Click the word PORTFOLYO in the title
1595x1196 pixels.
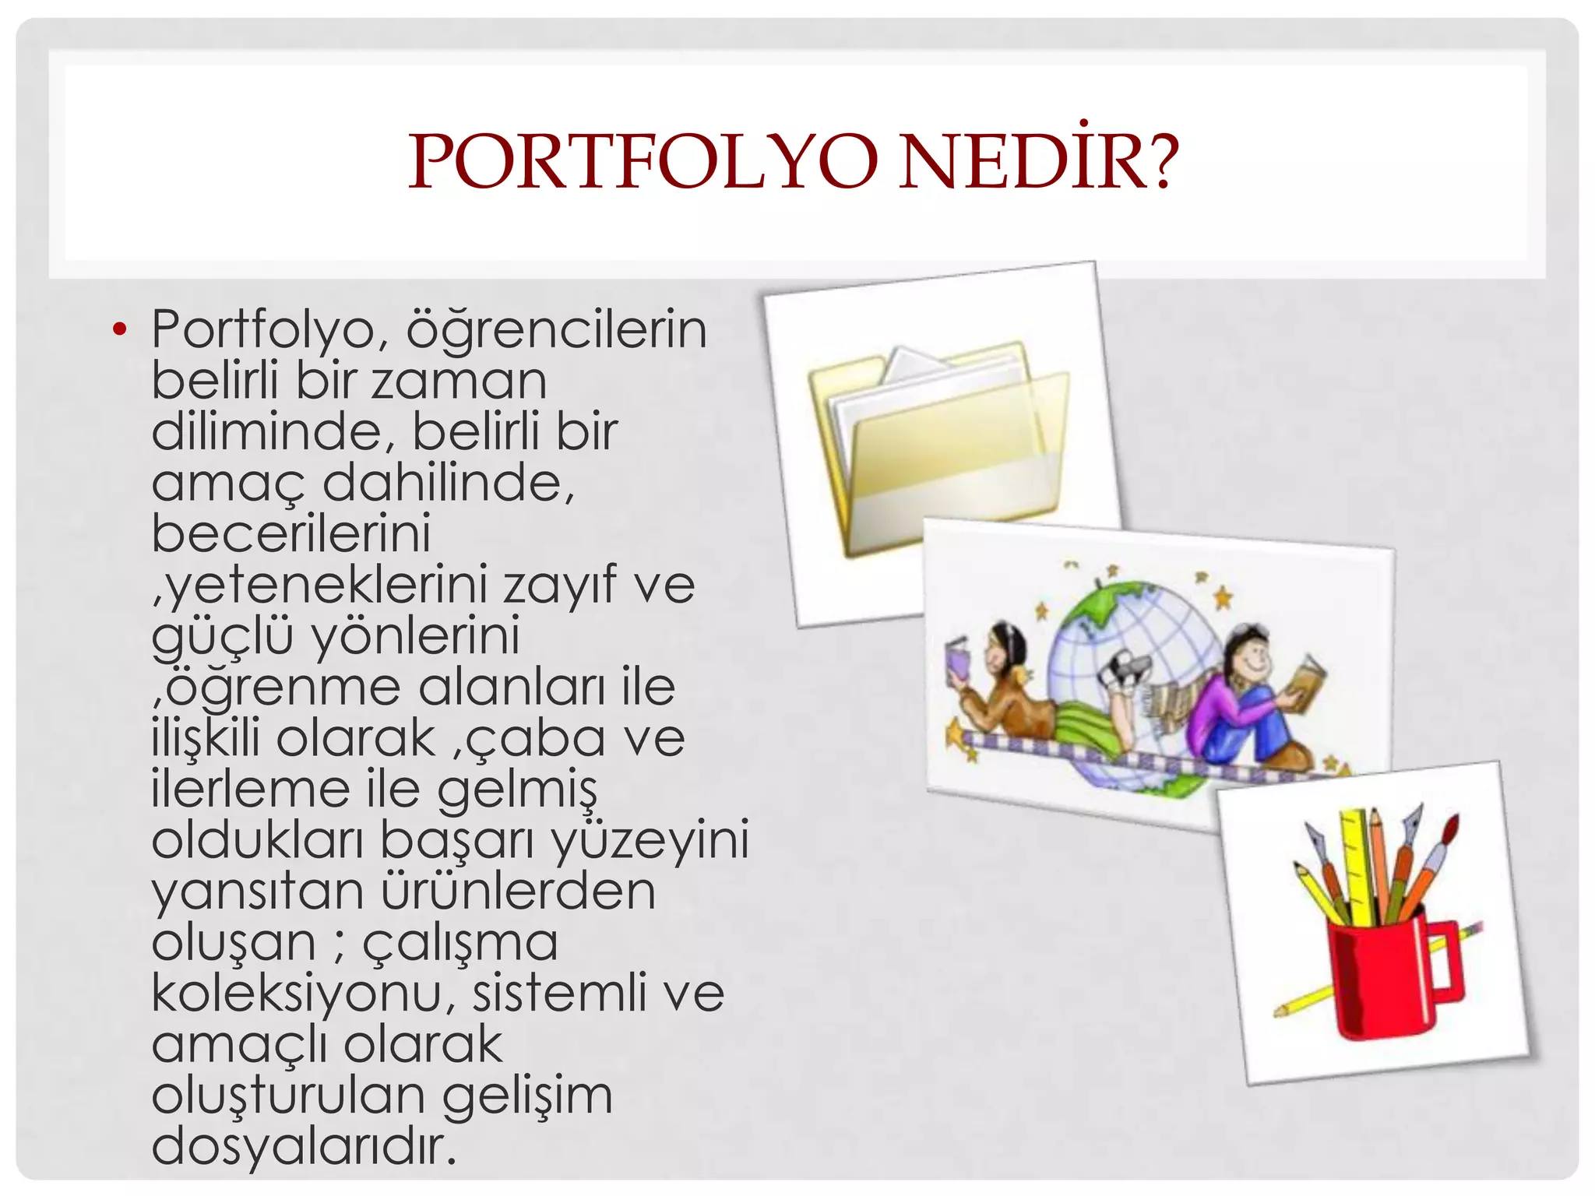(643, 162)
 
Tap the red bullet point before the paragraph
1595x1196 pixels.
(119, 329)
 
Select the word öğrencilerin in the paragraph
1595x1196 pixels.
(556, 330)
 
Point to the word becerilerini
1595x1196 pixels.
(290, 534)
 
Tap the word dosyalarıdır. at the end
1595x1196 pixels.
(304, 1147)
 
